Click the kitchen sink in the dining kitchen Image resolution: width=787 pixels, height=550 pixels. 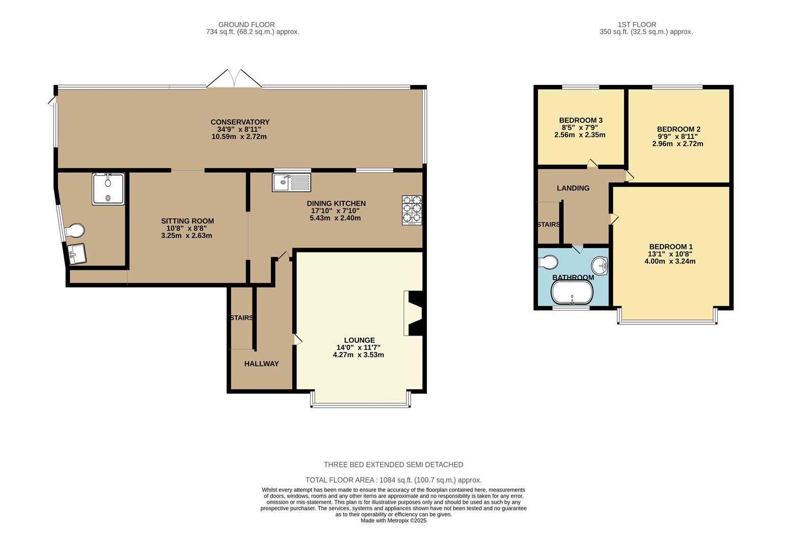tap(291, 182)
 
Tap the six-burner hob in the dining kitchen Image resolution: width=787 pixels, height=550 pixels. tap(412, 210)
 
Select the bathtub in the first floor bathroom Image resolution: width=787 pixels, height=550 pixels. tap(572, 293)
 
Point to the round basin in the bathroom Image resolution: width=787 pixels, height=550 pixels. tap(600, 265)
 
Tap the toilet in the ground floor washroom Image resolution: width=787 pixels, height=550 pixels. tap(74, 231)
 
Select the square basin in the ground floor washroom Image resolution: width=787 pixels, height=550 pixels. tap(77, 253)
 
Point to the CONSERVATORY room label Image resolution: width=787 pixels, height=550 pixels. tap(240, 122)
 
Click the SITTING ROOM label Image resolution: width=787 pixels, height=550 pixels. tap(187, 221)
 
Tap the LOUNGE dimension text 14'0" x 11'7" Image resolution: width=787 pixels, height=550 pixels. tap(359, 347)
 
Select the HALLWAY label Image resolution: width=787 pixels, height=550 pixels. tap(261, 364)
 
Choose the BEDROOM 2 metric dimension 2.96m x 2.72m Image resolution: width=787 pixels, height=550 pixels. tap(677, 144)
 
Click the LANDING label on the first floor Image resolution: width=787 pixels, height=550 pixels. tap(573, 188)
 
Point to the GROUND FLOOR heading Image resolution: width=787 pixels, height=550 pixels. tap(247, 24)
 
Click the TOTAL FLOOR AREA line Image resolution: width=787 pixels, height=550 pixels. tap(393, 480)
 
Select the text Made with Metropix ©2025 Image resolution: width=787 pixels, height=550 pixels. tap(393, 520)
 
